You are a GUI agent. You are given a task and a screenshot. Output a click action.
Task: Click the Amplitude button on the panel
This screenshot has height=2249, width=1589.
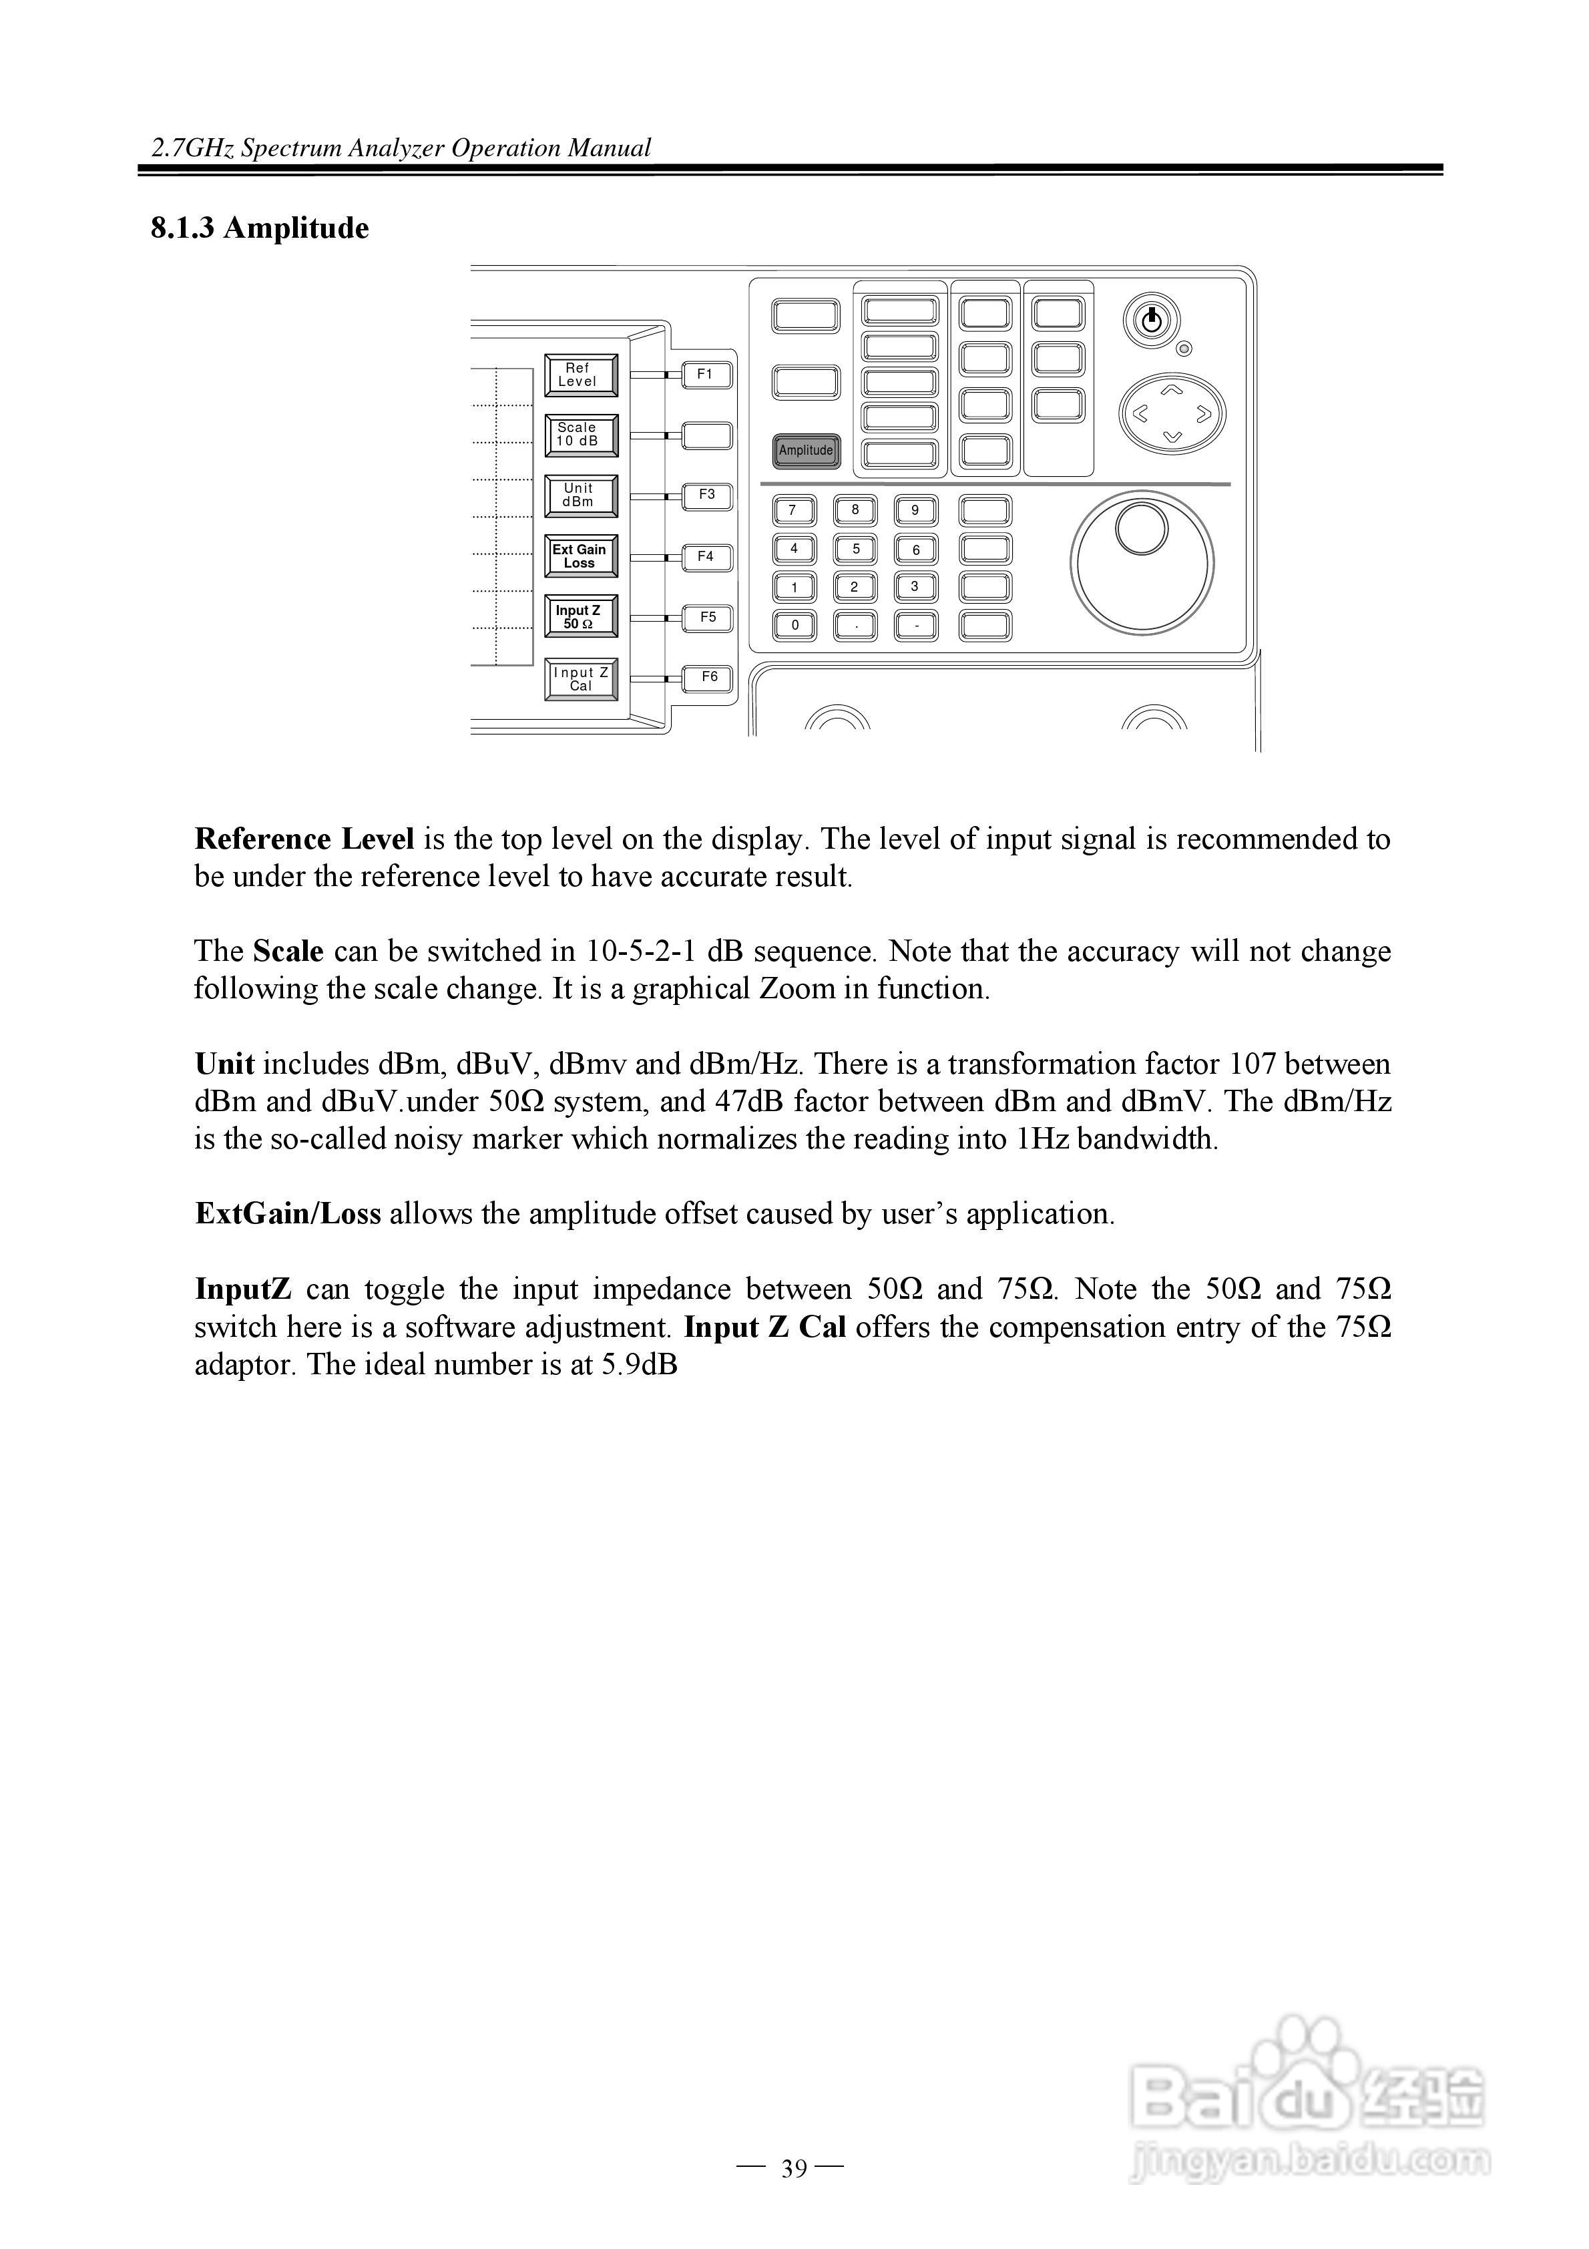pos(805,451)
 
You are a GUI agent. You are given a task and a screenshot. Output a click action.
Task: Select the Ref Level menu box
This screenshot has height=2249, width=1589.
pos(581,376)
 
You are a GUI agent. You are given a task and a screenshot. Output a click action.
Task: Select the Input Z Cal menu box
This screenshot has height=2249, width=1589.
pos(581,680)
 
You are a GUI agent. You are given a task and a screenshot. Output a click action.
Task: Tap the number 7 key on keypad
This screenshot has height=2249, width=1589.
pos(794,510)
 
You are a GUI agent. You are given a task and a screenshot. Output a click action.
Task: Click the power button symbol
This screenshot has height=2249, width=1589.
pos(1151,321)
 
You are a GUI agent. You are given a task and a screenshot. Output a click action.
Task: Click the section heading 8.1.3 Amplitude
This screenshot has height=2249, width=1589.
pos(260,228)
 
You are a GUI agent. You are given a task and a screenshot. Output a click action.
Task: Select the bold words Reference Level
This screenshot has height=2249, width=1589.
pos(304,839)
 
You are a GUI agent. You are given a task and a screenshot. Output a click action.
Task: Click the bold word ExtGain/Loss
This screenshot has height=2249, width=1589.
pos(288,1215)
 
